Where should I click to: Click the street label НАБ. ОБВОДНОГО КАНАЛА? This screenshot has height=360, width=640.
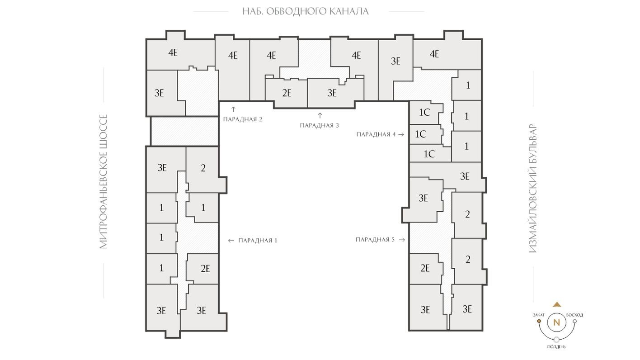click(306, 11)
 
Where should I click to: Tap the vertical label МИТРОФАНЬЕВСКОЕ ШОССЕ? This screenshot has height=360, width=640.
click(104, 181)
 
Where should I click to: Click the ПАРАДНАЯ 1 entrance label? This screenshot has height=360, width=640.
click(258, 241)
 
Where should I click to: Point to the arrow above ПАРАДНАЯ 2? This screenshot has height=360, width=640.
click(233, 109)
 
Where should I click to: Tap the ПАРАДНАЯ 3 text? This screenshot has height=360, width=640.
click(319, 125)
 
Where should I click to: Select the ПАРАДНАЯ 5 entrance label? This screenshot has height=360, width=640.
click(375, 240)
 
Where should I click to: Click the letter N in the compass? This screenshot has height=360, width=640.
click(556, 322)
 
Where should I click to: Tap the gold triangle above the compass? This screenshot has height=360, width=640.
click(557, 305)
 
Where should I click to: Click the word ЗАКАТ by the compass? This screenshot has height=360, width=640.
click(539, 315)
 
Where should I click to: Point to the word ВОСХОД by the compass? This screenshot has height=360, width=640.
click(574, 315)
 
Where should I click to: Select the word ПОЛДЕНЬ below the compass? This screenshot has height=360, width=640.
click(556, 347)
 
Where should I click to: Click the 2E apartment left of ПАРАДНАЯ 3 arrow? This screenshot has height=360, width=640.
click(287, 93)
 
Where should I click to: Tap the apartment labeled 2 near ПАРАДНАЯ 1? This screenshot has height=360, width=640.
click(203, 168)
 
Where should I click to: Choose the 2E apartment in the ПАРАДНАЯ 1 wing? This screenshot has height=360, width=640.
click(205, 269)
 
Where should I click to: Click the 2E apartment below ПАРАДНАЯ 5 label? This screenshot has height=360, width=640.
click(425, 268)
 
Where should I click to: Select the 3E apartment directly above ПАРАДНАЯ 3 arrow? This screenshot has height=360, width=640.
click(332, 93)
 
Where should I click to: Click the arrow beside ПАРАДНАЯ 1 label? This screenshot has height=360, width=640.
click(231, 241)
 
